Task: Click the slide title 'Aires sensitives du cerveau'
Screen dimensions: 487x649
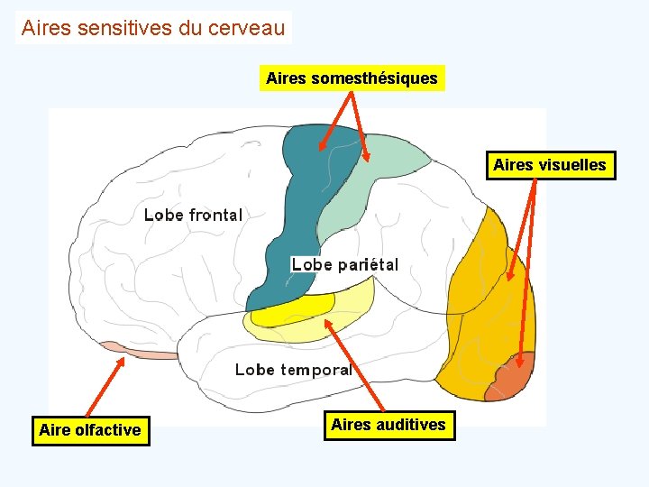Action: tap(153, 28)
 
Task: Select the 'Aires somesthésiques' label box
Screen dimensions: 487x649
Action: tap(352, 78)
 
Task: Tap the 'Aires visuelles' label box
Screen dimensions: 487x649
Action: tap(550, 166)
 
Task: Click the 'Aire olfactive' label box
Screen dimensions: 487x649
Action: tap(90, 430)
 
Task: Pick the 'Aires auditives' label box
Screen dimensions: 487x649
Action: tap(388, 424)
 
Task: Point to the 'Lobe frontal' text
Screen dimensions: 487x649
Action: tap(193, 215)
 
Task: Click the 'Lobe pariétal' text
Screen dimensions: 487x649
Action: tap(344, 264)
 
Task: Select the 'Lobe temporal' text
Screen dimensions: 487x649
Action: tap(293, 369)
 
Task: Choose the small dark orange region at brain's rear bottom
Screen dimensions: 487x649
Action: tap(512, 377)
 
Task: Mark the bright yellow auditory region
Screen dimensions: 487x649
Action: tap(293, 309)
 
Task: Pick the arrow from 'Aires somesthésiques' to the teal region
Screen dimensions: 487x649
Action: tap(336, 119)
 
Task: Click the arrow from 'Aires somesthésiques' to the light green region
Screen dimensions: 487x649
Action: tap(359, 126)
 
